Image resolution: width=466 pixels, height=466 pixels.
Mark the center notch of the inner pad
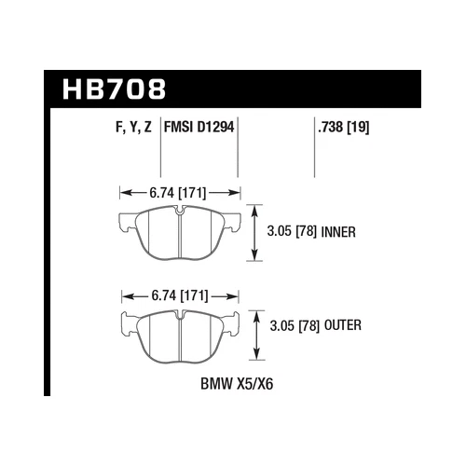click(177, 212)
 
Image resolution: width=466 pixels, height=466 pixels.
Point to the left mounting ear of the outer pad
click(129, 326)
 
